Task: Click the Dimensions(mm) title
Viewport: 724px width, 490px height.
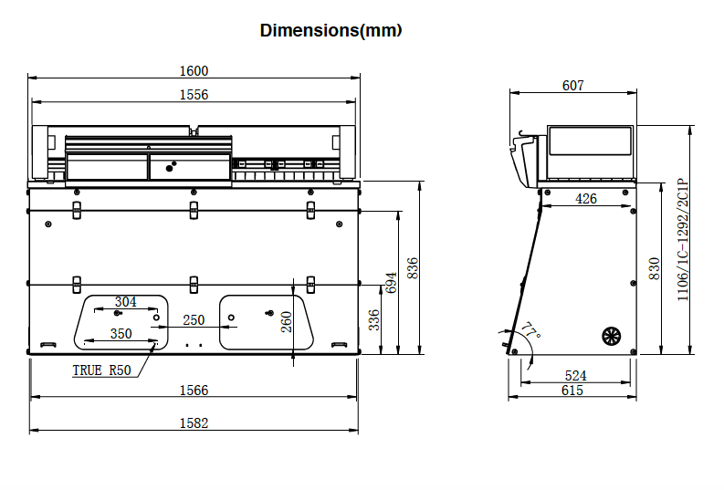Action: (331, 30)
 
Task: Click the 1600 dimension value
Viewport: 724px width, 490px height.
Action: (194, 70)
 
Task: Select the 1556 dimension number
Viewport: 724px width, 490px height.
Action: (194, 94)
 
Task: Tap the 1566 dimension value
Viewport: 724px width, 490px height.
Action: (194, 391)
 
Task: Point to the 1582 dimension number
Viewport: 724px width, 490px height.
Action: (194, 422)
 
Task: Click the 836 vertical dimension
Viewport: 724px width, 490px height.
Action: (413, 267)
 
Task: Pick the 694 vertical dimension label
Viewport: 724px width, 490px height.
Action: (392, 284)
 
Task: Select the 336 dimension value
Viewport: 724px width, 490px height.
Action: (373, 320)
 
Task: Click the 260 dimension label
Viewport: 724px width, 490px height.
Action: (286, 321)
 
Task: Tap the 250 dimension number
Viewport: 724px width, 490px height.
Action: (194, 320)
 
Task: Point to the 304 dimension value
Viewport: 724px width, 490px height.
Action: (125, 302)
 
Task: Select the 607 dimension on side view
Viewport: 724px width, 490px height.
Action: (572, 86)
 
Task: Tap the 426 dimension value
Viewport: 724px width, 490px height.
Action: (586, 198)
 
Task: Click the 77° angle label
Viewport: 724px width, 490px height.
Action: (530, 329)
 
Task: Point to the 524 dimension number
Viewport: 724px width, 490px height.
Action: (575, 375)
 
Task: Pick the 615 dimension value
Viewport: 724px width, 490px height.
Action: (572, 391)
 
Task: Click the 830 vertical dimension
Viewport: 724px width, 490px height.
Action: (654, 267)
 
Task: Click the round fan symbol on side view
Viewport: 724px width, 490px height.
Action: (611, 336)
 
